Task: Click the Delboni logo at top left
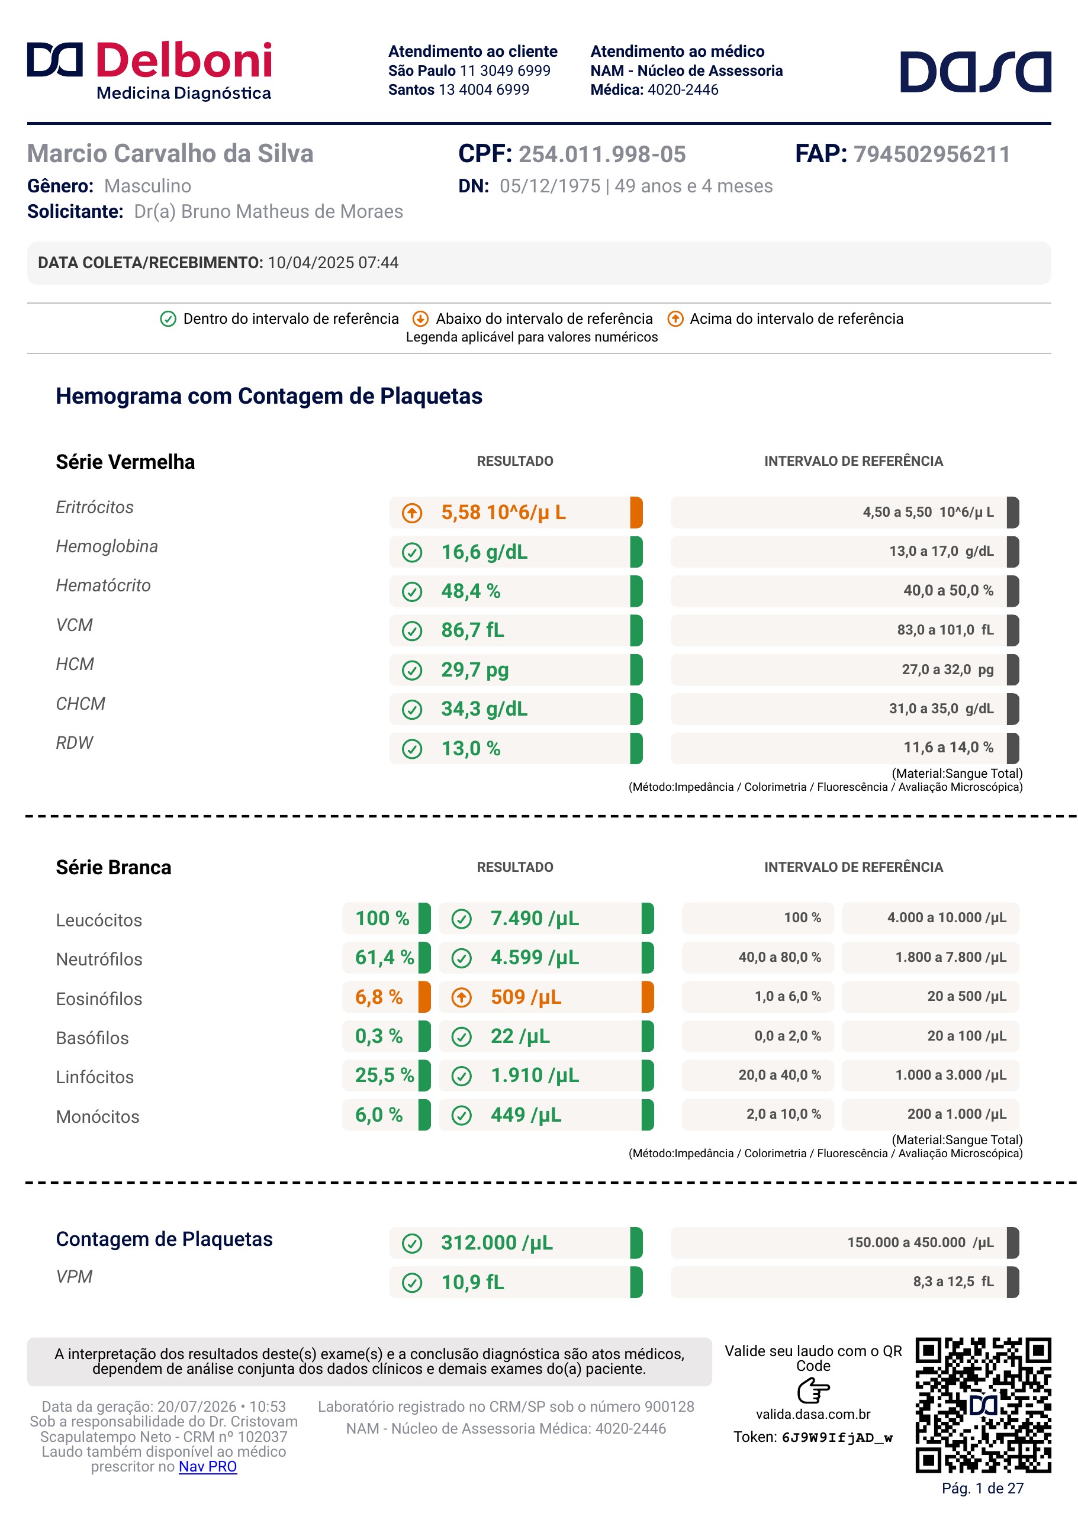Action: pos(149,70)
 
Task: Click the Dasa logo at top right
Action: pos(975,71)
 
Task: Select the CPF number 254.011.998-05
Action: pos(602,154)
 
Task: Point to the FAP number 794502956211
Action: pos(931,154)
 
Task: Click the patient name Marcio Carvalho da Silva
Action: pos(170,153)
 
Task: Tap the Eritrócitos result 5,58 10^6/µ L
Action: pos(503,513)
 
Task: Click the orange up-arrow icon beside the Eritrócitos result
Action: pos(412,513)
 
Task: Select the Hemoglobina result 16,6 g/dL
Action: pos(485,552)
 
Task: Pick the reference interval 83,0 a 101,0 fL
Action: pos(945,630)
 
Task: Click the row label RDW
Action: pos(75,743)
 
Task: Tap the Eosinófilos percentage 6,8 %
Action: pos(378,997)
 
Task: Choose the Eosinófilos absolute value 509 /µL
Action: pos(526,997)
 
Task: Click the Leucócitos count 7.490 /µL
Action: pos(535,919)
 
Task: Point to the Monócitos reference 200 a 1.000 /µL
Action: pos(957,1114)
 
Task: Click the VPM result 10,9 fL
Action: pos(472,1282)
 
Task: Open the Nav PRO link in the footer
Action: pos(208,1467)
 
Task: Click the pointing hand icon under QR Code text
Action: pos(813,1390)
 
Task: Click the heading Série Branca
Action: pos(114,867)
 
